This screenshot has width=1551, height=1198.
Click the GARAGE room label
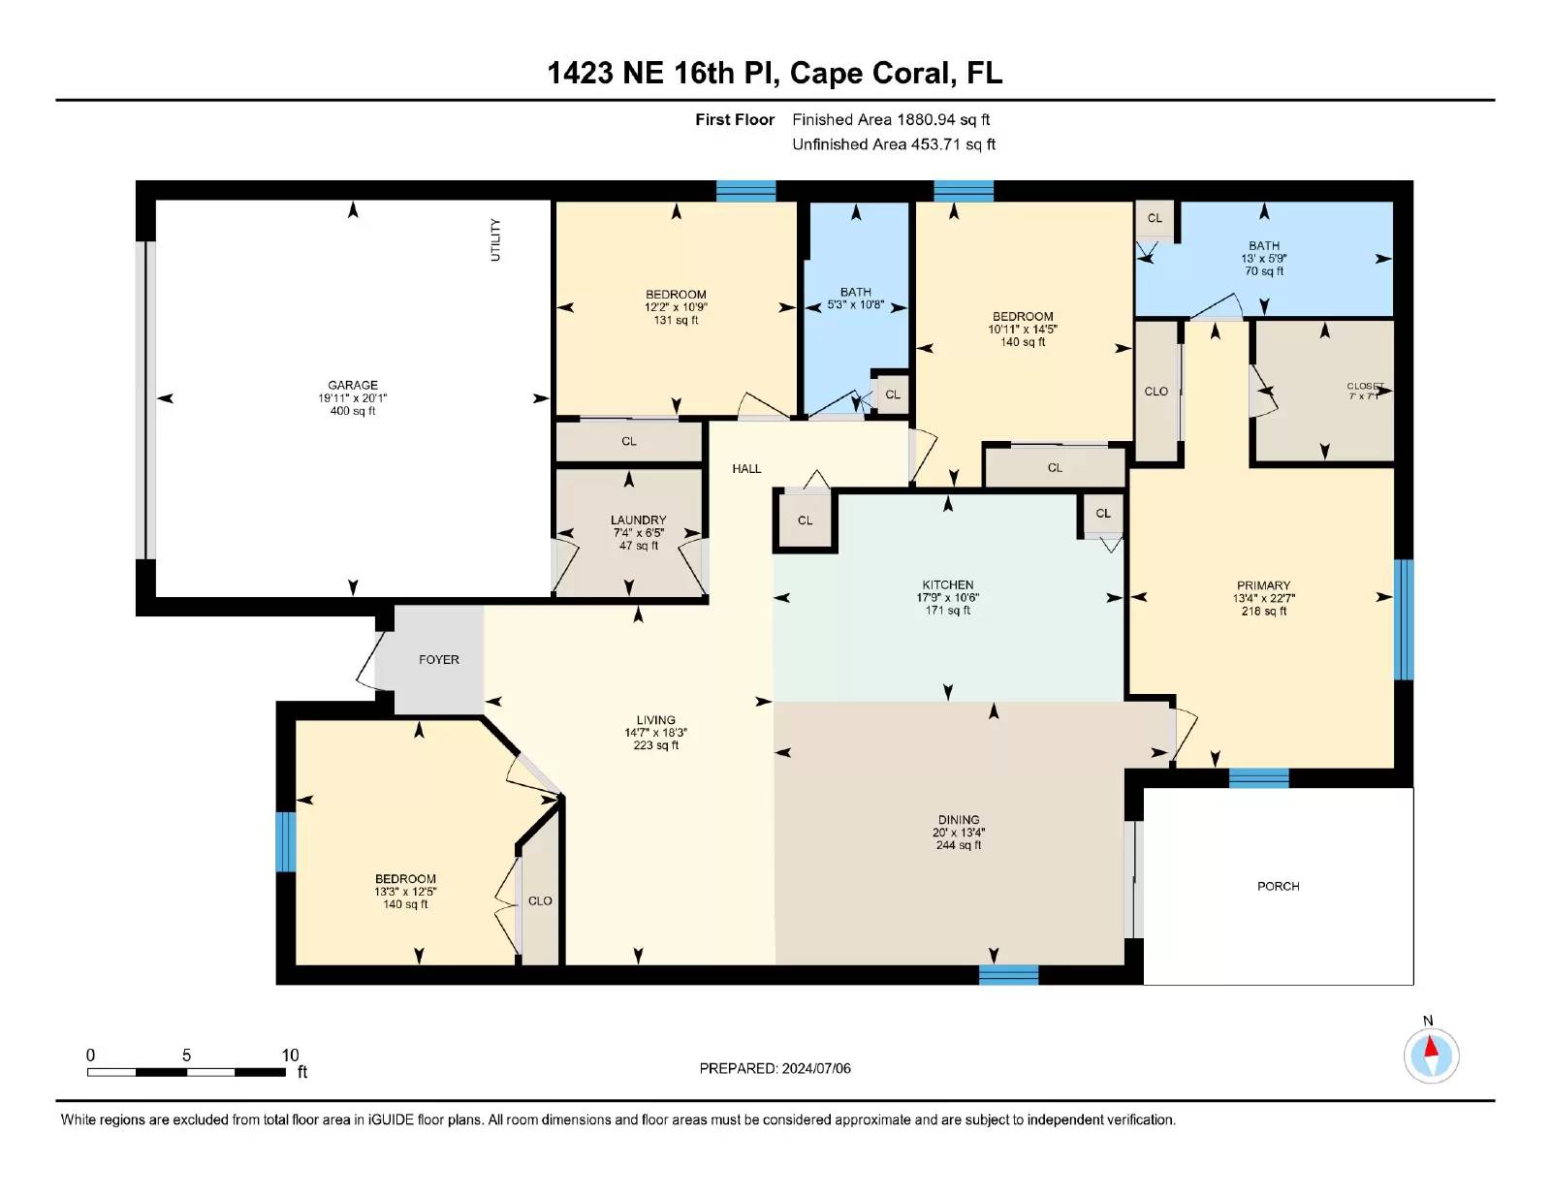(353, 385)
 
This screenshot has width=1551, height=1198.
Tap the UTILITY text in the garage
(495, 239)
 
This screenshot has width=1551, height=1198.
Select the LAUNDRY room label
(638, 520)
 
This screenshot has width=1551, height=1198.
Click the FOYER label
(439, 660)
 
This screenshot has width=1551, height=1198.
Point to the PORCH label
(1278, 887)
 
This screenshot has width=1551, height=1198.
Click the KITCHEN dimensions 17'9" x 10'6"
(948, 598)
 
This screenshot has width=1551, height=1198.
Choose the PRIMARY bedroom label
(1263, 585)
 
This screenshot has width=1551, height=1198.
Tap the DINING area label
(958, 820)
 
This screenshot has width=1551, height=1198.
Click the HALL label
(746, 469)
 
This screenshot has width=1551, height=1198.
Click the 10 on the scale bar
(290, 1056)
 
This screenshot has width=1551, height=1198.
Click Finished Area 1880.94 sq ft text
(891, 120)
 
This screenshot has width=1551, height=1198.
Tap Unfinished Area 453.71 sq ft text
(894, 144)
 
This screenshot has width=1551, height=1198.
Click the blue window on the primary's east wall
(1404, 619)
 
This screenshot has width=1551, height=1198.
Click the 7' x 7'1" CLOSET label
(1364, 392)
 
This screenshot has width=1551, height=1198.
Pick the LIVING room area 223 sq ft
(656, 745)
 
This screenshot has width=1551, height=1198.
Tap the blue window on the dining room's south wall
(1008, 974)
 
